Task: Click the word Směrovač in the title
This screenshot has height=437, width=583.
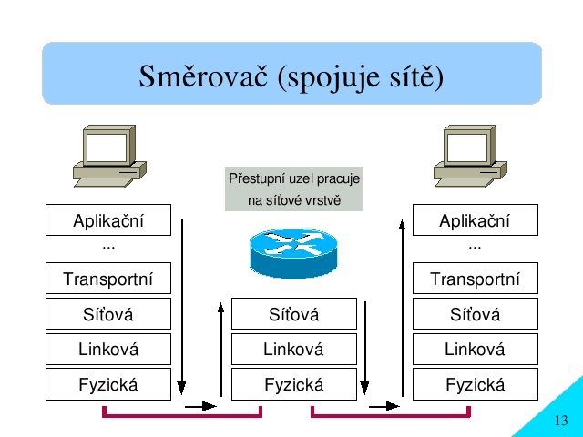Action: [x=203, y=76]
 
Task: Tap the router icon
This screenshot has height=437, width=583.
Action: [x=293, y=253]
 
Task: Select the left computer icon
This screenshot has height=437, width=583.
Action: [x=109, y=157]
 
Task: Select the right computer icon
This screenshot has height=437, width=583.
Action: [x=470, y=157]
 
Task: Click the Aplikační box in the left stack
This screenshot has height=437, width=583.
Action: [x=108, y=219]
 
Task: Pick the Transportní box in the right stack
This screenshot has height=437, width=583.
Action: [x=476, y=278]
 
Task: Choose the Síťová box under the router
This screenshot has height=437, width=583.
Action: [x=293, y=313]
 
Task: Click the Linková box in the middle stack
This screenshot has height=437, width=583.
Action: [x=293, y=349]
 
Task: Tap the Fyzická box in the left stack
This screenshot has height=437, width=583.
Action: [x=108, y=384]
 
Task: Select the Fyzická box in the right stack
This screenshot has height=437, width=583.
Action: [x=476, y=384]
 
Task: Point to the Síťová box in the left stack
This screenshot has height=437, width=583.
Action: [x=108, y=313]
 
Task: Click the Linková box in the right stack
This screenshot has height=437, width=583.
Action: [x=476, y=349]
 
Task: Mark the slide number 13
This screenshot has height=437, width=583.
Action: [x=561, y=421]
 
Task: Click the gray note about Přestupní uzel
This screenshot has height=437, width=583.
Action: [x=294, y=188]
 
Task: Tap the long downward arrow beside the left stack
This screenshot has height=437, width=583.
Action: [x=182, y=307]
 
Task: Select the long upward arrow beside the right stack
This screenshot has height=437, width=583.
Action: [x=402, y=309]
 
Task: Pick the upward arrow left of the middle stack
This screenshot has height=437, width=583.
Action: [x=220, y=350]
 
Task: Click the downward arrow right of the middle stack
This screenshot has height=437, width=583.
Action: [x=364, y=348]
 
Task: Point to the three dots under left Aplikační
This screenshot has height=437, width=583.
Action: [x=108, y=248]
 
